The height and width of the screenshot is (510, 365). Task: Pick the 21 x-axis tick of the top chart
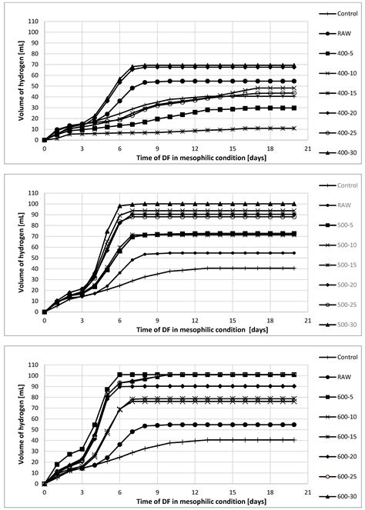coord(307,148)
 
